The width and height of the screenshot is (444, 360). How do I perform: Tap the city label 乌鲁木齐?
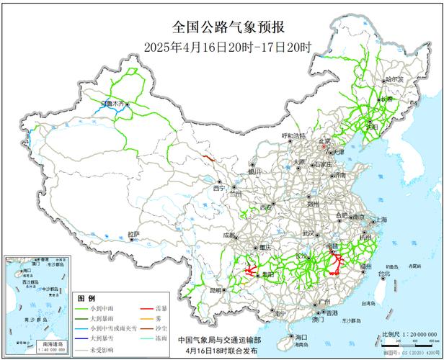112,104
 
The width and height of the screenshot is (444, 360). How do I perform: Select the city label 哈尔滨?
395,80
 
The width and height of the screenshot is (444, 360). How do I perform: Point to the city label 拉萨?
133,234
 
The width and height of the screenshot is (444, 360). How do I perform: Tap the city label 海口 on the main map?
301,337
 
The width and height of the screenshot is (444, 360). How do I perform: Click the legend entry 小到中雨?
98,306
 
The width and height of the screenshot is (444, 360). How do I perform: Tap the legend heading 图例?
86,297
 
